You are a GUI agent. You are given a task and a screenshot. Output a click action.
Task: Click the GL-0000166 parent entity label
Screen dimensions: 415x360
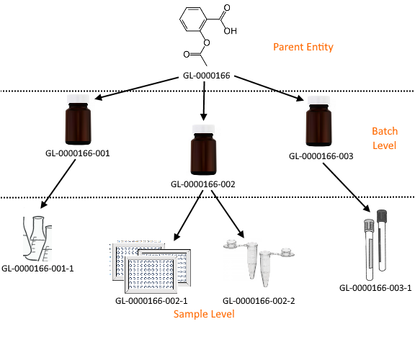[x=207, y=76]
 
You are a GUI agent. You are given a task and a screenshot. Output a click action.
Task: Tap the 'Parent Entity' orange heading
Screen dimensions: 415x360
[x=303, y=47]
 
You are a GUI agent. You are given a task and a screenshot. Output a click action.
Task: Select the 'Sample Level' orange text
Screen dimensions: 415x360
[x=204, y=314]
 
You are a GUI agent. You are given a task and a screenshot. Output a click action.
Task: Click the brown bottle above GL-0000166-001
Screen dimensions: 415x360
[x=78, y=120]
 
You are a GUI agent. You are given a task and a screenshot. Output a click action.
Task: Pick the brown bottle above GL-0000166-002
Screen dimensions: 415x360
[x=203, y=150]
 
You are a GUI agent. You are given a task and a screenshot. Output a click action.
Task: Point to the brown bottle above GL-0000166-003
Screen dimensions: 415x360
[x=318, y=121]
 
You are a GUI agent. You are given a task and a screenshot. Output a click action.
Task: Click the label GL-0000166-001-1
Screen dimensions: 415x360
[x=37, y=269]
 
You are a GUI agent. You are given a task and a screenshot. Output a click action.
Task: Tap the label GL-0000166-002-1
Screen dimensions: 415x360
[x=151, y=301]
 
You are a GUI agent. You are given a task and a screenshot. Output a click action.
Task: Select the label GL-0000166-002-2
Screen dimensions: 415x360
[x=259, y=301]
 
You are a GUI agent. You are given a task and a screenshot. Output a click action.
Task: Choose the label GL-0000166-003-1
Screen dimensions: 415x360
[x=375, y=288]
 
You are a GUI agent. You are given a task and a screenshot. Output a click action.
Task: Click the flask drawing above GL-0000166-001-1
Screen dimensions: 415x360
[x=37, y=238]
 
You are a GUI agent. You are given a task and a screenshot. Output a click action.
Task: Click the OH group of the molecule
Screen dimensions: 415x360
[x=230, y=31]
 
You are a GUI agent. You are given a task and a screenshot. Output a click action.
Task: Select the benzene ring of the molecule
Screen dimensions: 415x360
[x=193, y=19]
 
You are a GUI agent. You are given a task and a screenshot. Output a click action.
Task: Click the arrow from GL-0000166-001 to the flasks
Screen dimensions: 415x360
[x=58, y=184]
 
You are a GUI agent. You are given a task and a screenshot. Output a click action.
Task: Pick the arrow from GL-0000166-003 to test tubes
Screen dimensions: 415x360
[x=347, y=187]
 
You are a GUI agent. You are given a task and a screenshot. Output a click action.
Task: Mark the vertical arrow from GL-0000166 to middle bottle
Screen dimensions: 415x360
[x=204, y=101]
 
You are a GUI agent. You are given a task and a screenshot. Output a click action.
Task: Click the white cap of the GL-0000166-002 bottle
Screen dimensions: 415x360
[x=203, y=129]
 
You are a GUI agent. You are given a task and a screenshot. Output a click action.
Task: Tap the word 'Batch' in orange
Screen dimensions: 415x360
[x=385, y=131]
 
